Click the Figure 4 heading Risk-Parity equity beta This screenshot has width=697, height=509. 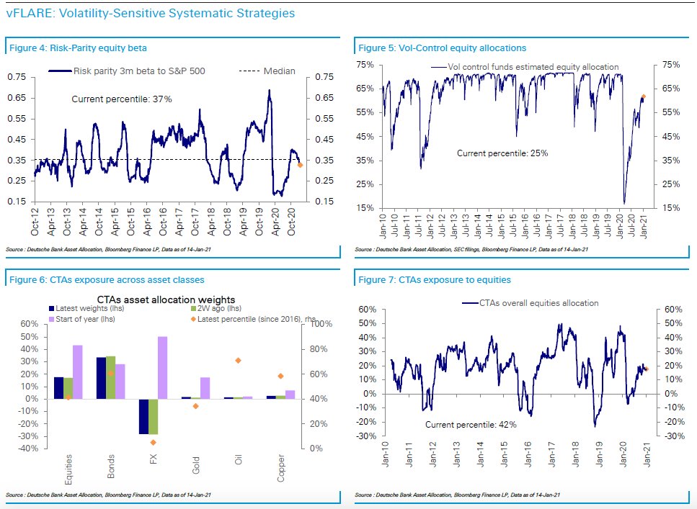(x=78, y=48)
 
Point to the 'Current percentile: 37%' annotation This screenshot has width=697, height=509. (x=122, y=99)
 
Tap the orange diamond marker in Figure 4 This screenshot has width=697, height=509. (x=300, y=165)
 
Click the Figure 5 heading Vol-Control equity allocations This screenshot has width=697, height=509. (x=442, y=48)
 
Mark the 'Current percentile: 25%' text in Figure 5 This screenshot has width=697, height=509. (x=502, y=153)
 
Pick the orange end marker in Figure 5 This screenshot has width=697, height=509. (x=643, y=96)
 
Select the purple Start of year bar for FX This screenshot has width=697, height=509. (x=163, y=367)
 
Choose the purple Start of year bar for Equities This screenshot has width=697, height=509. (x=77, y=371)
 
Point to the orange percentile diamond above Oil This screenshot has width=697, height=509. (x=238, y=360)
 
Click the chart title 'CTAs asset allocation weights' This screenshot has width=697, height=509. (x=167, y=299)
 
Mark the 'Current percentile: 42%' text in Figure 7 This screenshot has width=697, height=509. (x=471, y=425)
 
